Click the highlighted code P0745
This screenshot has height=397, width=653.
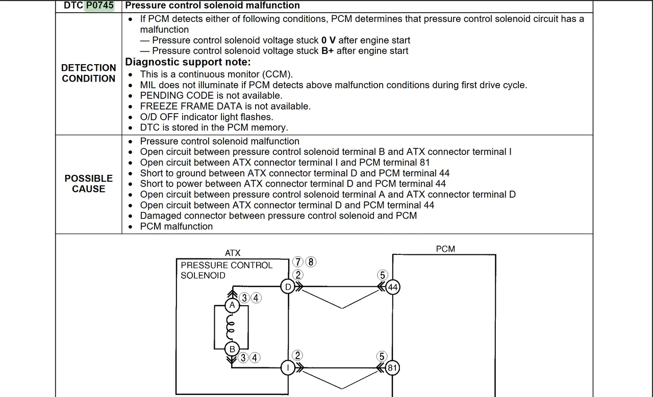(x=99, y=6)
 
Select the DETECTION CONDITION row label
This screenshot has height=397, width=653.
(x=89, y=73)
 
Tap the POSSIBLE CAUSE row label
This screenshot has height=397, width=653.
(x=89, y=183)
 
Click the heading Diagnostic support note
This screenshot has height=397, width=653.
(x=188, y=62)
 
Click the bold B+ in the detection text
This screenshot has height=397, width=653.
(x=328, y=51)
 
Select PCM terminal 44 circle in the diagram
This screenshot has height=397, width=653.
(x=392, y=287)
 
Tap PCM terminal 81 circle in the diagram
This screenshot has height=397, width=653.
(x=392, y=368)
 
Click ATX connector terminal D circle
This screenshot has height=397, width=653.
(x=288, y=287)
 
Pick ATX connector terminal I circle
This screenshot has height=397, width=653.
(x=288, y=368)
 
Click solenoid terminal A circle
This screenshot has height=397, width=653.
(x=232, y=306)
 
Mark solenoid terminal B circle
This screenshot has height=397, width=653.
(x=232, y=349)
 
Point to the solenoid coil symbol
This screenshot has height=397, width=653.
(x=231, y=327)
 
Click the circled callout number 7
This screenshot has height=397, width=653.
(x=298, y=262)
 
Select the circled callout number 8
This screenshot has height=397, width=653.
(x=310, y=262)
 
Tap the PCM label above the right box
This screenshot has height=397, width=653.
(x=445, y=249)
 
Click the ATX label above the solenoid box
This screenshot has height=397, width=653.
(x=233, y=253)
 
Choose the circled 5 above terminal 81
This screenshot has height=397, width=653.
(x=382, y=357)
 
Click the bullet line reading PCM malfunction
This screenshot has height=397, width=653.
(x=176, y=226)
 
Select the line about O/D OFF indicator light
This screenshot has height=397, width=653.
(x=207, y=117)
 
